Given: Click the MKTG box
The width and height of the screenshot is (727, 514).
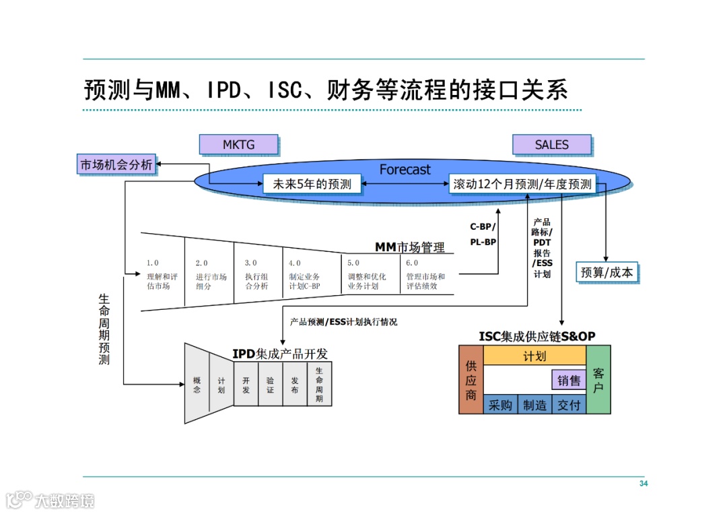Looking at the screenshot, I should point(239,144).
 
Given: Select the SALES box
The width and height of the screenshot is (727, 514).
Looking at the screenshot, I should point(551,144).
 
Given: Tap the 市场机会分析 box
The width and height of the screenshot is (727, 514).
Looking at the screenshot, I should point(116,164).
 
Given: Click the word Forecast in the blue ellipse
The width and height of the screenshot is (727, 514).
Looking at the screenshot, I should point(405,170).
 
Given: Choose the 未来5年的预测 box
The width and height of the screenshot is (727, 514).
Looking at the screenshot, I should point(312,184).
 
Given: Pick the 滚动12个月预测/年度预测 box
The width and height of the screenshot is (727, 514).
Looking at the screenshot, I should point(522,184).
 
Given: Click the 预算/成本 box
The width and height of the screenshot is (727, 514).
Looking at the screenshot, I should point(607,272).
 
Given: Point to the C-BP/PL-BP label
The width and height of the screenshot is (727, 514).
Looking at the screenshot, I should point(483,234).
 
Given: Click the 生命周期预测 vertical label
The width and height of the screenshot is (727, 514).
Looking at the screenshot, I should point(104,329).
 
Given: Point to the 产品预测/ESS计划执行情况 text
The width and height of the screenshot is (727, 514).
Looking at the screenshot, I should point(343,322).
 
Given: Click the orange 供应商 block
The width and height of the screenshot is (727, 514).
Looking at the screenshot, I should point(471,379).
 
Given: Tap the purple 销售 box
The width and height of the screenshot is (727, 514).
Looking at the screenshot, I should point(569,380).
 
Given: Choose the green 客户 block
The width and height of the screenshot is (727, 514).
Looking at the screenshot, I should point(598,379).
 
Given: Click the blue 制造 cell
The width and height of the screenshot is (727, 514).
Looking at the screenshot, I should point(535,405).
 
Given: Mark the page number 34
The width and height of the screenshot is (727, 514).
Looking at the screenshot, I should point(643,484).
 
